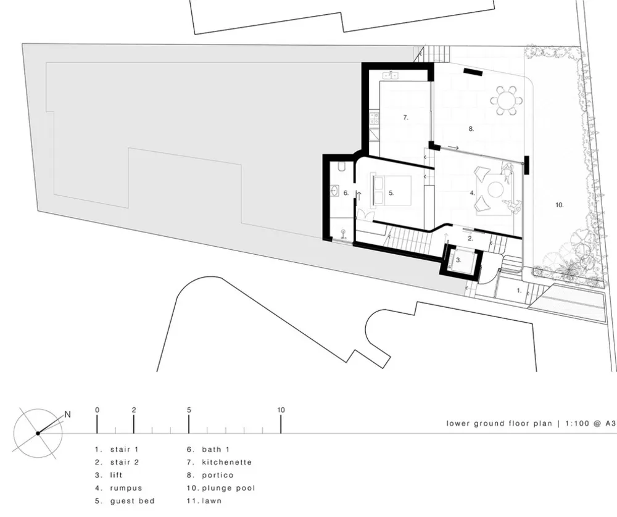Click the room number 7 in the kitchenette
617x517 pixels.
pos(406,117)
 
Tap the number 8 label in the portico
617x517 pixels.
pos(471,129)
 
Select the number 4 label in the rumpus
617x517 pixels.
pos(472,192)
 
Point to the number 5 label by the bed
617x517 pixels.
pos(391,192)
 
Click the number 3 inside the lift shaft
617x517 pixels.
pos(458,260)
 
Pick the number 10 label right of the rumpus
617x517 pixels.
pos(560,205)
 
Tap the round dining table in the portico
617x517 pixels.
pos(507,101)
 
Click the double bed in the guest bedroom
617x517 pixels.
pos(392,190)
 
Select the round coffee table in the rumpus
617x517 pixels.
pos(496,189)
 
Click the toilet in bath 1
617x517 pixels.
pos(342,167)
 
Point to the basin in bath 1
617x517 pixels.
pos(334,191)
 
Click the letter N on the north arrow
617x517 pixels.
pos(68,414)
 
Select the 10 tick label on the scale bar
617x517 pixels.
pos(281,410)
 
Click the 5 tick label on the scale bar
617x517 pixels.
pos(189,410)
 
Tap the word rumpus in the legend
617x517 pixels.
pos(126,488)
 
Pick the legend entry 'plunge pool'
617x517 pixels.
pos(229,488)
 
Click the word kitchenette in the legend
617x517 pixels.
pos(227,462)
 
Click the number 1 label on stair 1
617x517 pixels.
pos(519,291)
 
